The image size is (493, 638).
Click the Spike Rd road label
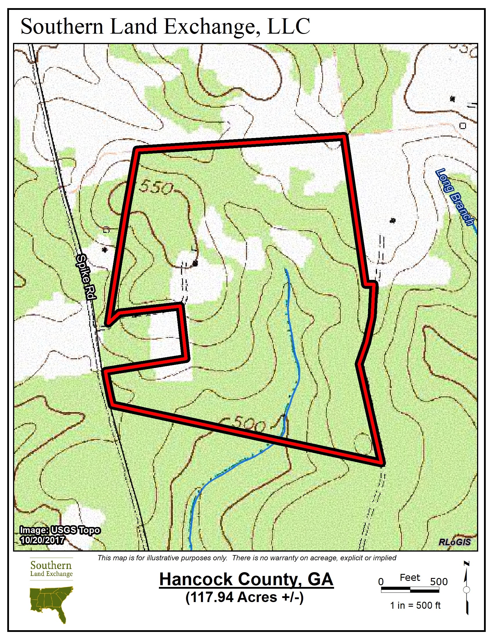86,277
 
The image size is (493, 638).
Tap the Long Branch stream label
455,197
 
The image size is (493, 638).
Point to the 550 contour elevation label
156,188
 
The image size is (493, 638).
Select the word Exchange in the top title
209,27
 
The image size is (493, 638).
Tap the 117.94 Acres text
244,597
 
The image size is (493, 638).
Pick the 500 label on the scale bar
439,582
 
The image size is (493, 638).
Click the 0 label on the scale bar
381,582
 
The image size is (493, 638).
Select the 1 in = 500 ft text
415,605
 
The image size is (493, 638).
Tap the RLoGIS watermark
455,542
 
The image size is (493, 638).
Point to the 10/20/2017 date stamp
42,540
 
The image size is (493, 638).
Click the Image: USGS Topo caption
60,530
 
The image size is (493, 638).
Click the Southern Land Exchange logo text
51,569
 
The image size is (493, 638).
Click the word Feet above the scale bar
410,577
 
